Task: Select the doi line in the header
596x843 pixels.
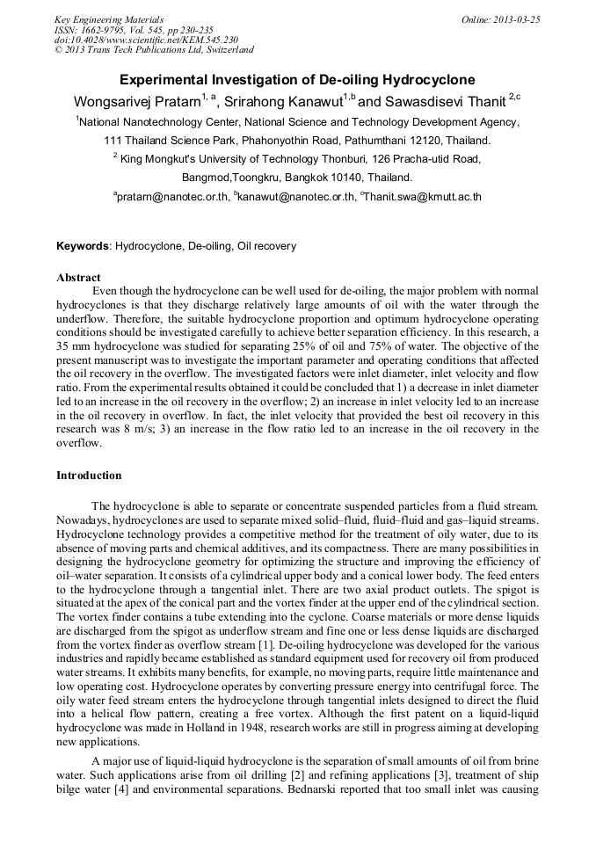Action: pos(146,40)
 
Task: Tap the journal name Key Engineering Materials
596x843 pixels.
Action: pos(109,19)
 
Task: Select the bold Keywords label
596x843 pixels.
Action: pos(84,246)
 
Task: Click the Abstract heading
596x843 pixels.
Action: pos(78,278)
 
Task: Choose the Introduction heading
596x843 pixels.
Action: pos(89,476)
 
